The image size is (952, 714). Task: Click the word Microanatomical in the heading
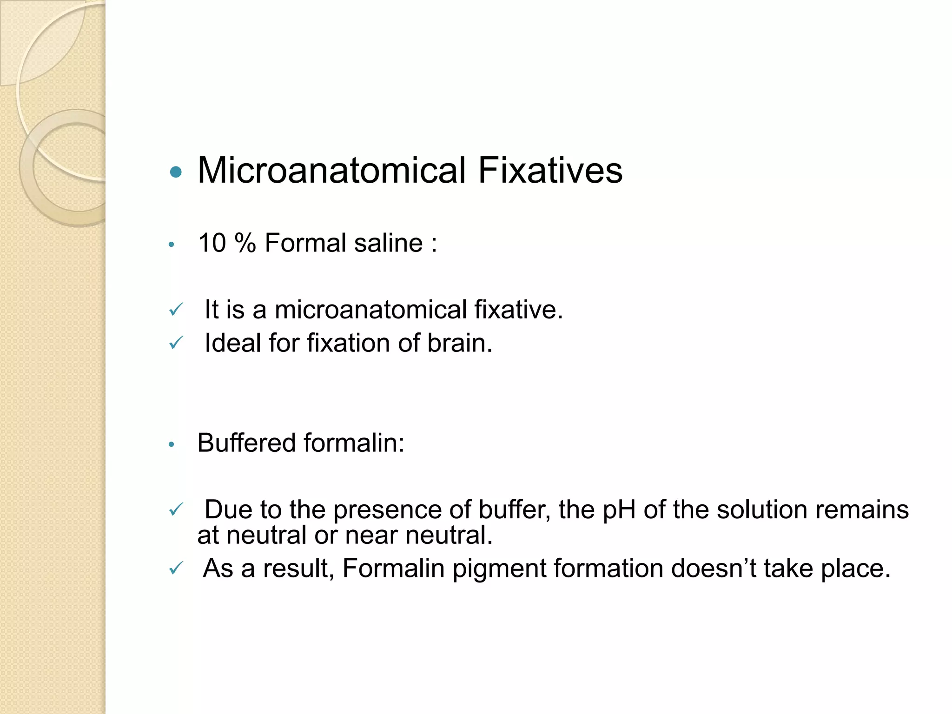click(331, 171)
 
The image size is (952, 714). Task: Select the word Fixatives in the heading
click(550, 171)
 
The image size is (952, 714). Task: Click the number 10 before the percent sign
click(212, 243)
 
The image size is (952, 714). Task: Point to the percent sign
click(245, 243)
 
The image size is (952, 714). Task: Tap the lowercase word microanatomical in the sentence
click(370, 310)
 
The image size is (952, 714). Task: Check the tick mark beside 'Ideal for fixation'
click(176, 343)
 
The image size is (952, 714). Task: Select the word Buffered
click(246, 443)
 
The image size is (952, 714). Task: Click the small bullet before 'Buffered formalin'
click(172, 445)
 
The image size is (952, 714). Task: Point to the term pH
click(619, 510)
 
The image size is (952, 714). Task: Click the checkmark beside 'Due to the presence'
click(176, 509)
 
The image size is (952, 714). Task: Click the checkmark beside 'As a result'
click(176, 568)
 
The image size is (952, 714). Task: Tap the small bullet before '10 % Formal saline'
click(172, 245)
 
